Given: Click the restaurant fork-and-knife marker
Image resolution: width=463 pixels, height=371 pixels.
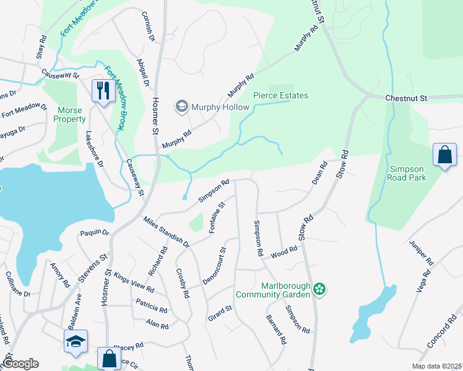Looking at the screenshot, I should [x=102, y=90].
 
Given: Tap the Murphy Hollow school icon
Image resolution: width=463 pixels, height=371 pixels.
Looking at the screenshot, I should [x=182, y=107].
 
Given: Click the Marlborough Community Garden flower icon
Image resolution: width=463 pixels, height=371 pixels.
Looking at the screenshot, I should [x=319, y=289].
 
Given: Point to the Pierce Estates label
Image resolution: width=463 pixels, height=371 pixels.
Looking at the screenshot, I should [x=280, y=95].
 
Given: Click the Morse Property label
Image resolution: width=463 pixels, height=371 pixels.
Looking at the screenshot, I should [x=71, y=114].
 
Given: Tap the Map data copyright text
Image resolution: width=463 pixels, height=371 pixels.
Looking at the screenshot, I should [x=436, y=366].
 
